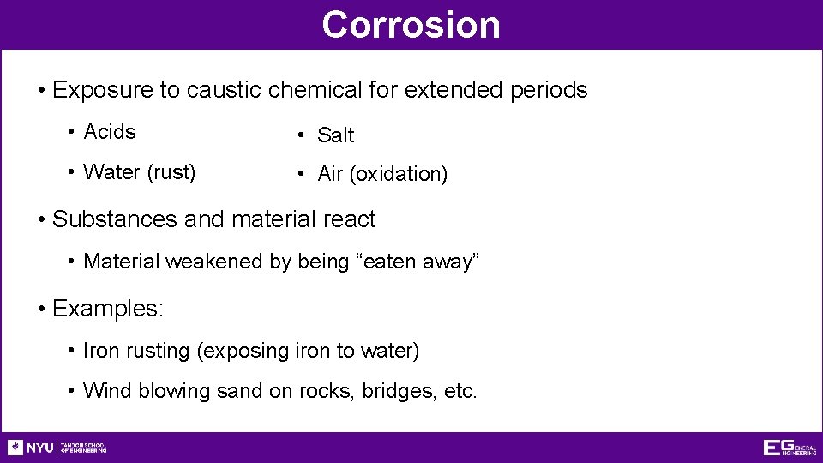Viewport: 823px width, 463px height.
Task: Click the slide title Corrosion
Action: click(x=411, y=25)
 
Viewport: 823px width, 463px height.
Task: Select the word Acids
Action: click(x=110, y=132)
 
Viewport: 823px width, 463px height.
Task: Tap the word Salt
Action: click(x=335, y=135)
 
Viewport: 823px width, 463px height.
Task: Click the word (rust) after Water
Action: click(x=171, y=172)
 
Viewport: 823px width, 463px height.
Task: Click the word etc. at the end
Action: click(x=460, y=391)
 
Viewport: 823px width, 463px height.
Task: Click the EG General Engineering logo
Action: click(x=790, y=447)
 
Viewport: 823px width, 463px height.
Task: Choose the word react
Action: click(x=349, y=219)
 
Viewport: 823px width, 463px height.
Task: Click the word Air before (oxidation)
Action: click(x=330, y=174)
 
